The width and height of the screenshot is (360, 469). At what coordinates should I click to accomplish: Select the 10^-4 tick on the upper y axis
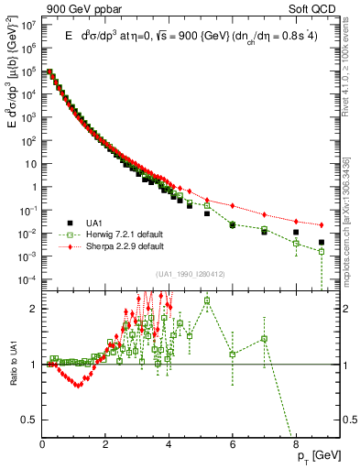pyautogui.click(x=32, y=279)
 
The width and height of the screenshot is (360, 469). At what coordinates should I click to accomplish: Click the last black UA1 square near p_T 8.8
pyautogui.click(x=321, y=243)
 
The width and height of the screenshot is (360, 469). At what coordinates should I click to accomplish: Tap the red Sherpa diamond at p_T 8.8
pyautogui.click(x=321, y=225)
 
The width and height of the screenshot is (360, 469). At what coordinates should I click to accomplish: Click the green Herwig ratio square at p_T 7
pyautogui.click(x=264, y=339)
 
